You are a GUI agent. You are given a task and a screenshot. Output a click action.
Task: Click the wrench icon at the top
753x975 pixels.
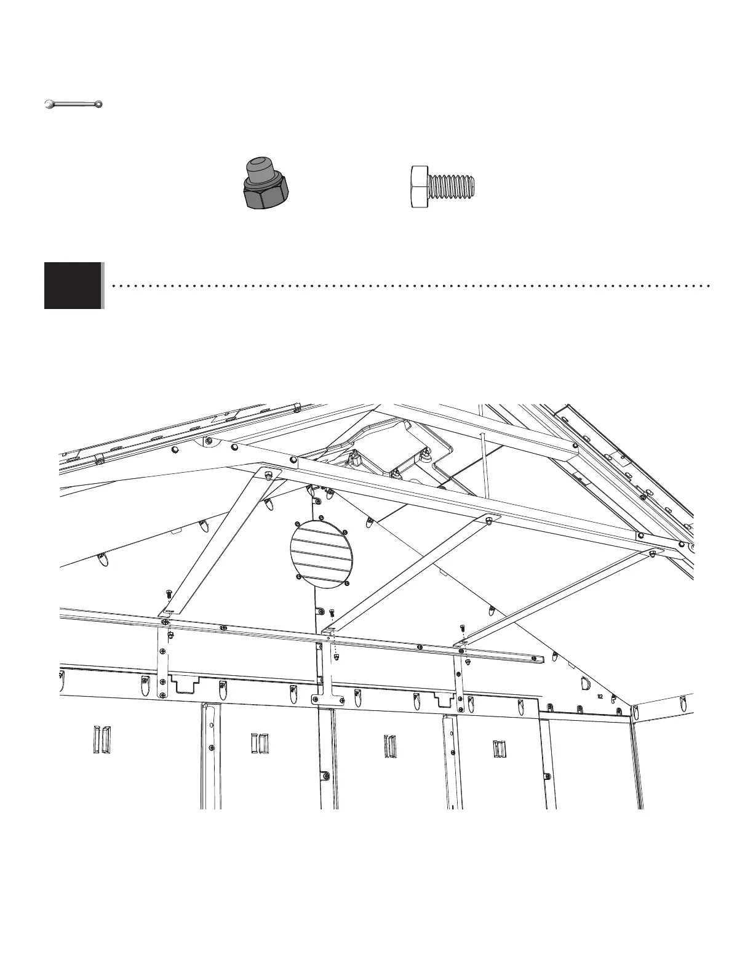coord(73,104)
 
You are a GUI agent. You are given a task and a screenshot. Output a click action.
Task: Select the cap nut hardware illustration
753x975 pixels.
coord(266,183)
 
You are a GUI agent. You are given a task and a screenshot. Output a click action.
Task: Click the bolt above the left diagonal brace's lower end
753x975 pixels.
coord(169,595)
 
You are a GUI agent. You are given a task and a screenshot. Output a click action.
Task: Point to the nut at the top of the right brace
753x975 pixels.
coord(652,555)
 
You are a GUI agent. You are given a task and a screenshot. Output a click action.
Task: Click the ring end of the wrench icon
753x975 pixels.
coord(97,103)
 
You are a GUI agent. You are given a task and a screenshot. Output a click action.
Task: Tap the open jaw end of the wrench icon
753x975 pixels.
coord(49,105)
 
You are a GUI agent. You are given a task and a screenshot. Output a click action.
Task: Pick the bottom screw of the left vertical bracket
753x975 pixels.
coord(162,695)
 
